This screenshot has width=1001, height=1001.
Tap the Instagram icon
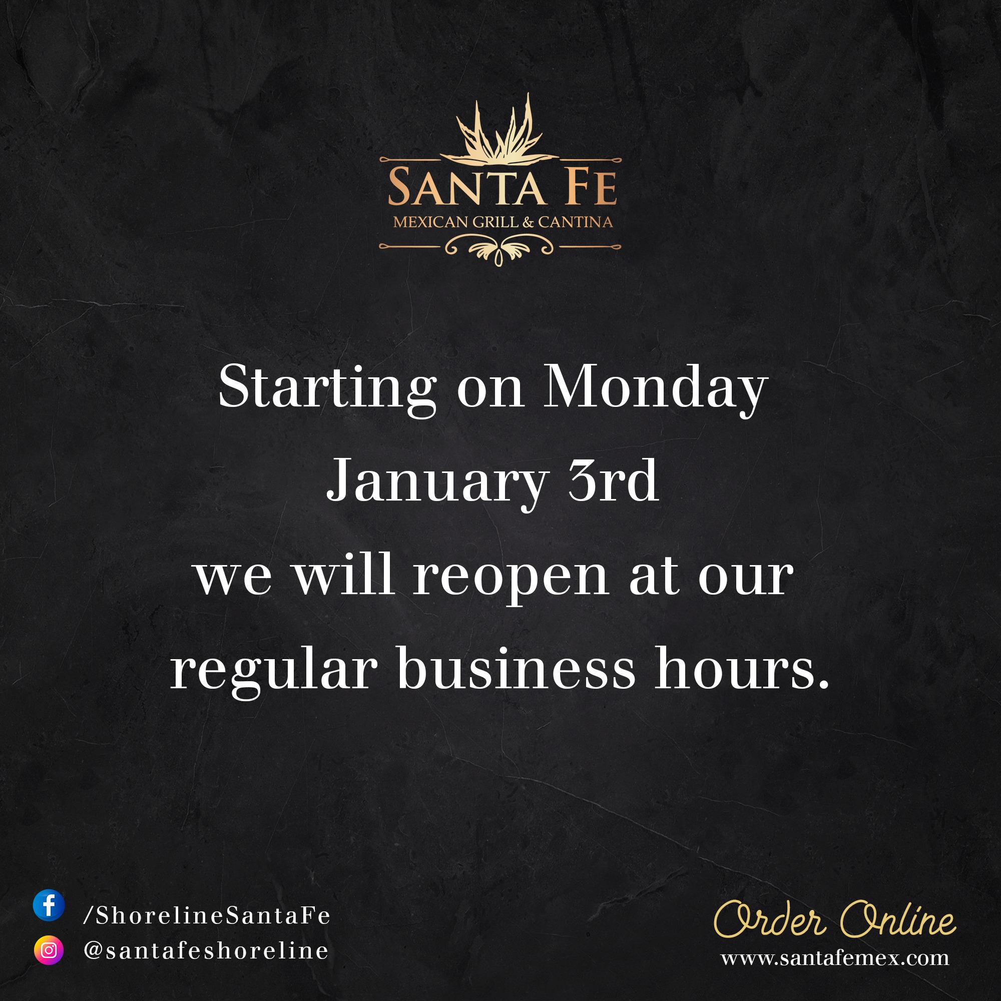pos(49,951)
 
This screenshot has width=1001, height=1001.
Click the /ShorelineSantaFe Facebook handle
pos(207,916)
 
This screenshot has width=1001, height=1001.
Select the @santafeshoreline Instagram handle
pos(206,951)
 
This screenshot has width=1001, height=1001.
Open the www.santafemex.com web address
pos(835,958)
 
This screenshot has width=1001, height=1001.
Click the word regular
pos(274,673)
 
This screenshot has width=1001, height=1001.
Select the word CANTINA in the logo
pos(575,222)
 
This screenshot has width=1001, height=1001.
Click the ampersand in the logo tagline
pos(528,223)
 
